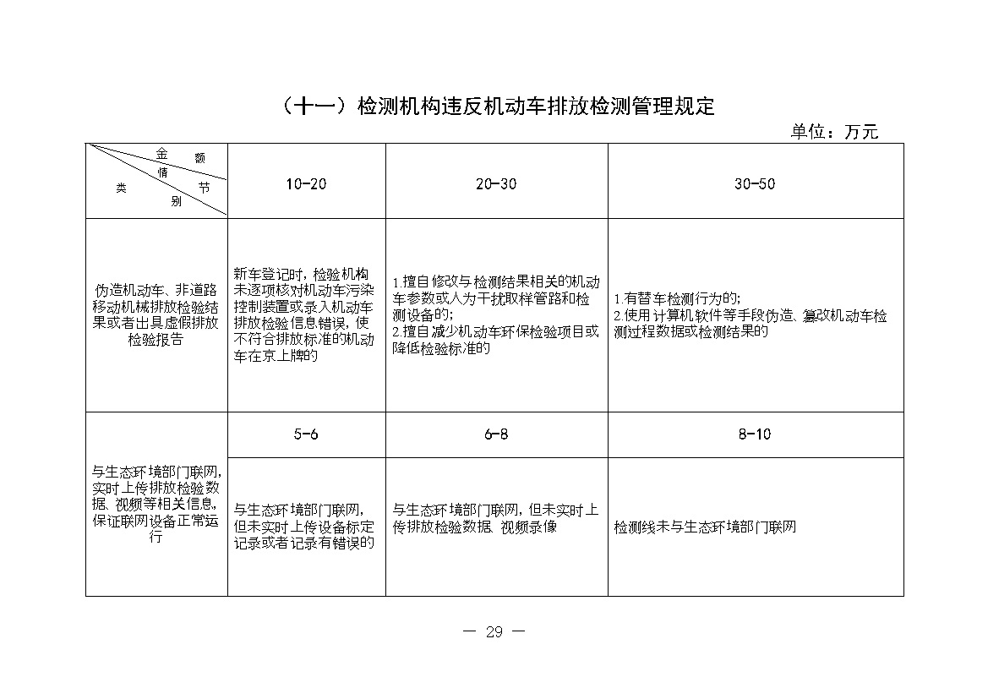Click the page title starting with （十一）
[494, 106]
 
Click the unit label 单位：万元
[834, 132]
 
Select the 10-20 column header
[306, 184]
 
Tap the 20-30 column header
[496, 184]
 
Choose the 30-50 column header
[755, 184]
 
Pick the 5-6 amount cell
[306, 434]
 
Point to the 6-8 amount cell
[496, 434]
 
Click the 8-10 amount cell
[755, 434]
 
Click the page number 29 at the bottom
[494, 631]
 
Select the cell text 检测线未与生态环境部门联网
[706, 527]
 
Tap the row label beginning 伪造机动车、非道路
[156, 314]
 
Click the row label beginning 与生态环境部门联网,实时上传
[156, 505]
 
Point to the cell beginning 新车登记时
[303, 314]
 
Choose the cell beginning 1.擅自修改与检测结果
[496, 314]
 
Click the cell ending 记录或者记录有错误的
[303, 526]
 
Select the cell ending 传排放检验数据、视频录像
[496, 518]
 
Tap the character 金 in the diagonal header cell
[161, 153]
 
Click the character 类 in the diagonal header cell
[121, 189]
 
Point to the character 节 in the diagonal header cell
[204, 188]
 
